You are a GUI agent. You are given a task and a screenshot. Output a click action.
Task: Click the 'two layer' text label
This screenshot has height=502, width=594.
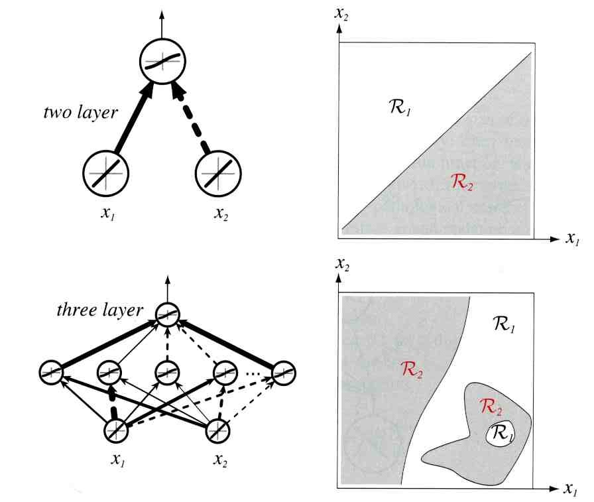point(80,112)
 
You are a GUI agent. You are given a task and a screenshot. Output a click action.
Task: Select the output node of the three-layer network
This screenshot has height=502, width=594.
point(168,314)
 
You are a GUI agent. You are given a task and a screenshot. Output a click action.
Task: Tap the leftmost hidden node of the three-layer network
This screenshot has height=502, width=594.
point(52,371)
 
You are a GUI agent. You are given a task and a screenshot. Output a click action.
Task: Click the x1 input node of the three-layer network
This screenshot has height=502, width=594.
point(118,431)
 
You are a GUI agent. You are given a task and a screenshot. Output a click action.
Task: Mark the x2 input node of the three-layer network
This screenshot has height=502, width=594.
point(218,431)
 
